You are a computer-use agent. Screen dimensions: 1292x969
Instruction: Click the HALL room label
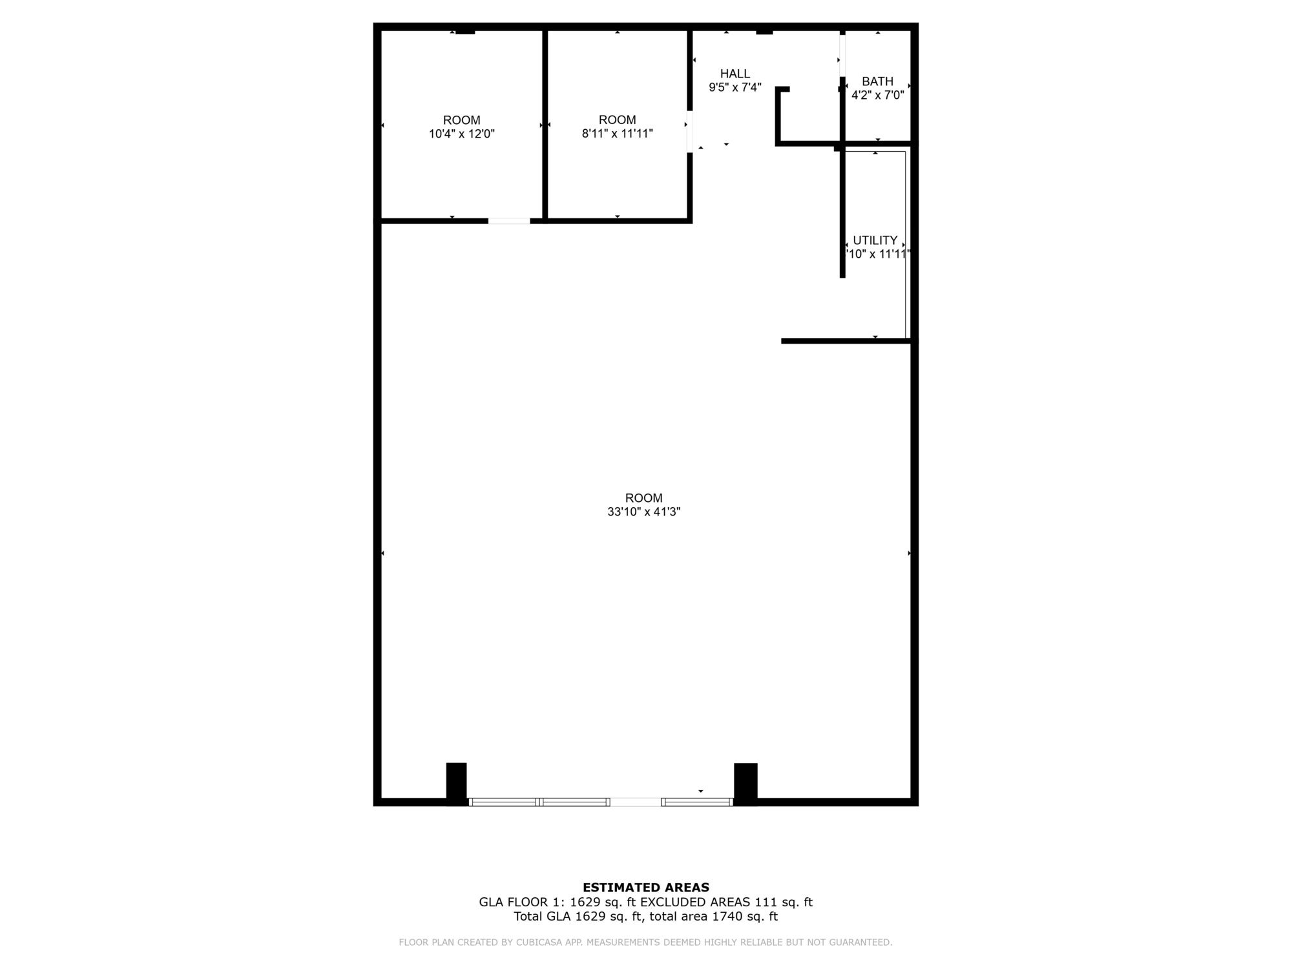pyautogui.click(x=735, y=74)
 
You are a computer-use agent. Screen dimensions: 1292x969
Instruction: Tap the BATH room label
pyautogui.click(x=877, y=81)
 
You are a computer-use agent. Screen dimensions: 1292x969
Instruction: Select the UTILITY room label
pyautogui.click(x=875, y=240)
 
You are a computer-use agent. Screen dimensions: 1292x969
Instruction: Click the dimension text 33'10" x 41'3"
pyautogui.click(x=644, y=512)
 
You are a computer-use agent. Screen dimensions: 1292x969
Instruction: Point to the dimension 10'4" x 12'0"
pyautogui.click(x=462, y=134)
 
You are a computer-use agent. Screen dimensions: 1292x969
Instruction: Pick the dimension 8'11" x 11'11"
pyautogui.click(x=618, y=134)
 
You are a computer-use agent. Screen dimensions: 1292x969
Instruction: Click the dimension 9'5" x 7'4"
pyautogui.click(x=735, y=87)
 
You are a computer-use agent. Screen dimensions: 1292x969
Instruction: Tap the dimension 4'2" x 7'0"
pyautogui.click(x=877, y=95)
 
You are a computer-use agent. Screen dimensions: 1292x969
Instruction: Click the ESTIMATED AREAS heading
pyautogui.click(x=646, y=888)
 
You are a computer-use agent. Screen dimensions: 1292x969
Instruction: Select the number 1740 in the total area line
pyautogui.click(x=726, y=917)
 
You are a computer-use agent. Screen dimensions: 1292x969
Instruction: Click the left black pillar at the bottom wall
pyautogui.click(x=456, y=783)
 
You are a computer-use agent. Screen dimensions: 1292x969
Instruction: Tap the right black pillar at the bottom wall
pyautogui.click(x=745, y=783)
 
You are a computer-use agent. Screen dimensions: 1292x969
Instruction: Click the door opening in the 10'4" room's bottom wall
pyautogui.click(x=509, y=221)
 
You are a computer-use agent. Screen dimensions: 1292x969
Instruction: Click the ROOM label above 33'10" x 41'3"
pyautogui.click(x=644, y=498)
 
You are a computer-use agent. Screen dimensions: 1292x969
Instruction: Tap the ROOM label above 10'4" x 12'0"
pyautogui.click(x=462, y=120)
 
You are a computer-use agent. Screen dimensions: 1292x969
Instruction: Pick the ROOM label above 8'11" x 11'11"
pyautogui.click(x=618, y=120)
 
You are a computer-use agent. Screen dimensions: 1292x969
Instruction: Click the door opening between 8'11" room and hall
pyautogui.click(x=690, y=131)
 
